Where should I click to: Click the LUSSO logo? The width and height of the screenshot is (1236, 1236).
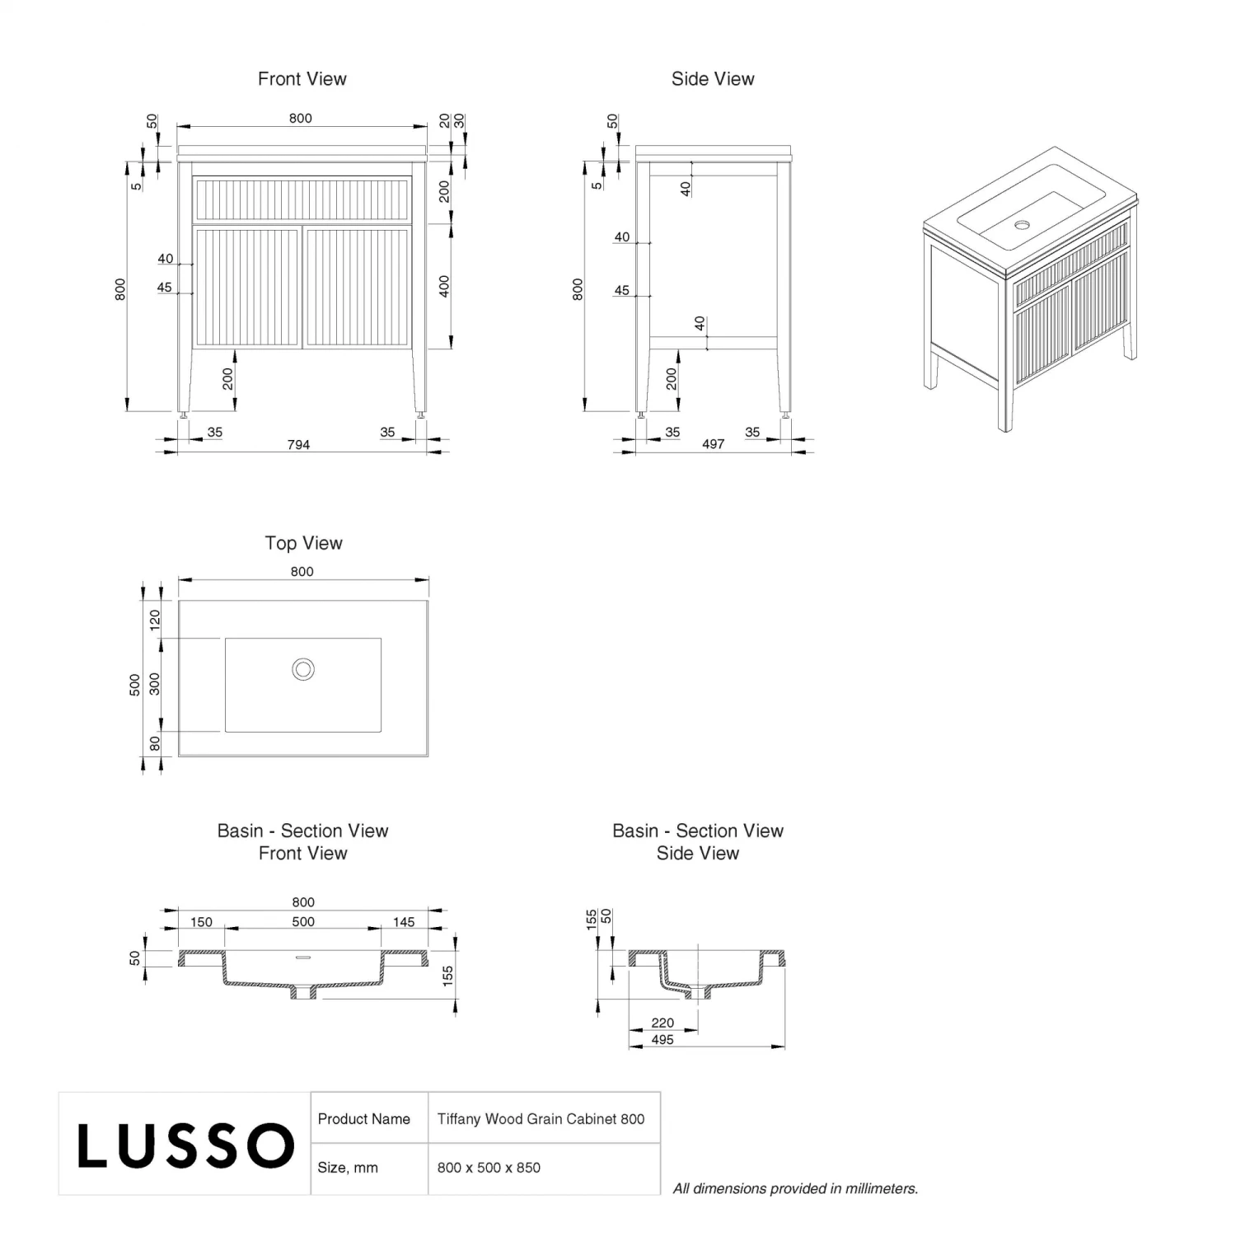tap(185, 1145)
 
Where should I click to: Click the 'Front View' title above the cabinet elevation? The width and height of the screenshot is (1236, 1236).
tap(302, 79)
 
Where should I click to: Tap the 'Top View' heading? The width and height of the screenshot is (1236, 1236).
tap(303, 543)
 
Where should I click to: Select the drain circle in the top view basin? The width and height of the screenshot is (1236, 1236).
tap(303, 669)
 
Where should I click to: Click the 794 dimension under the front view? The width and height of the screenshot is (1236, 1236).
tap(298, 445)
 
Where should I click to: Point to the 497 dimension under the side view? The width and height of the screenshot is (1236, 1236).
tap(713, 444)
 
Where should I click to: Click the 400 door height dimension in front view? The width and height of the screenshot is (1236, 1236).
tap(444, 287)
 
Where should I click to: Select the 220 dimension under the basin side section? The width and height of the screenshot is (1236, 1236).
tap(662, 1023)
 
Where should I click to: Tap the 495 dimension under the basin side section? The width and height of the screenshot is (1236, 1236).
tap(662, 1040)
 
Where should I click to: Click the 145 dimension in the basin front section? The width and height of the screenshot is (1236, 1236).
tap(404, 922)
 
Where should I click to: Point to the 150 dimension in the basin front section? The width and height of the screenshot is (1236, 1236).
tap(201, 922)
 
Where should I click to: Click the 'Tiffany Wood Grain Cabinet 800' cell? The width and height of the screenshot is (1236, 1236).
tap(541, 1119)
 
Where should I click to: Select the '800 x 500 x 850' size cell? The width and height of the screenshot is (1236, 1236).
tap(489, 1168)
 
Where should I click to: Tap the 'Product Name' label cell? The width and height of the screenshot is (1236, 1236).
tap(363, 1119)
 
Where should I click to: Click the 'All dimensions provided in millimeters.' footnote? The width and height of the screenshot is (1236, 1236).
tap(795, 1188)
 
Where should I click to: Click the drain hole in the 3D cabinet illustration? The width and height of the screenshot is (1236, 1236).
tap(1023, 224)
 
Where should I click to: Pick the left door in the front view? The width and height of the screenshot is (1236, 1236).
tap(247, 287)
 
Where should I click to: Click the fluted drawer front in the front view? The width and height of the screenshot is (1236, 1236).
tap(302, 199)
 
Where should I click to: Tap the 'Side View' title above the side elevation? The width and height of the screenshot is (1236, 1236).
tap(713, 79)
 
